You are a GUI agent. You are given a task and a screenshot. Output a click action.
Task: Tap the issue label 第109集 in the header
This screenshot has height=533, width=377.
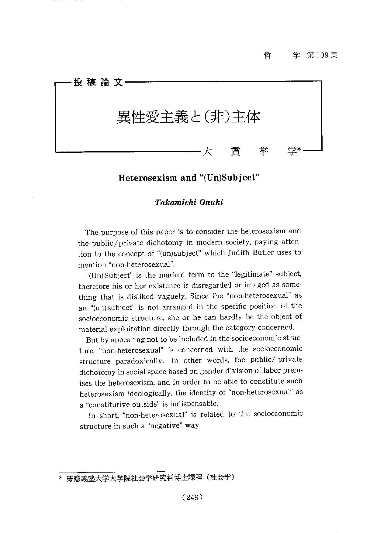pyautogui.click(x=322, y=55)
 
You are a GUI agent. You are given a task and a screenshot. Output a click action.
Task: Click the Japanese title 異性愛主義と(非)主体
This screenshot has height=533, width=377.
pyautogui.click(x=188, y=117)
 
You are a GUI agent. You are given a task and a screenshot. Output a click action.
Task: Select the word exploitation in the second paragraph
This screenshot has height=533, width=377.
pyautogui.click(x=130, y=329)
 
